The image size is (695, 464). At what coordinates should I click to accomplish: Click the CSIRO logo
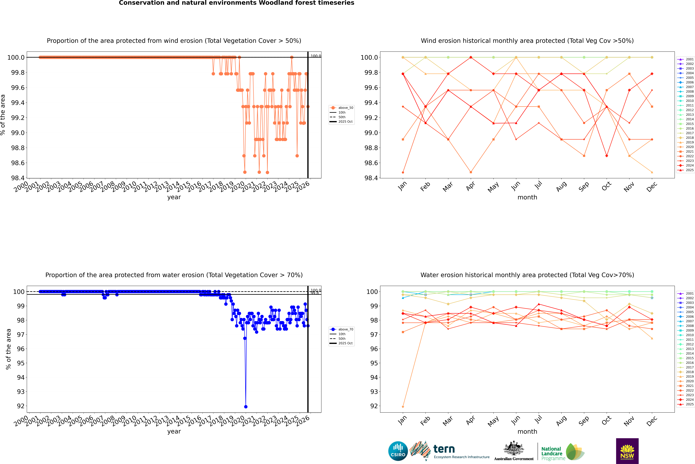(398, 451)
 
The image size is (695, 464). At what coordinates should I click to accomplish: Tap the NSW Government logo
(627, 451)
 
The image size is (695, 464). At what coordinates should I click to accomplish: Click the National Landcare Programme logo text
(552, 453)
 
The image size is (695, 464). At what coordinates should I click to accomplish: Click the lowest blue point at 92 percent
(246, 407)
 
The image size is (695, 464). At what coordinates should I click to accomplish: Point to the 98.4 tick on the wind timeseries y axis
(18, 178)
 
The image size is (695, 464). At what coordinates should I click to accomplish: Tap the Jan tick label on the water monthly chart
(402, 420)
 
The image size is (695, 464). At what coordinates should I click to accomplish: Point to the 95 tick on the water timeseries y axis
(21, 363)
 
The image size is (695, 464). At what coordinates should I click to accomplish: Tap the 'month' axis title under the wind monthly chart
(527, 197)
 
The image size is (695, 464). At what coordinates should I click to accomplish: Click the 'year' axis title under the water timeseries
(174, 431)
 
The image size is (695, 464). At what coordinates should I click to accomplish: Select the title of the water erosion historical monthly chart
(527, 275)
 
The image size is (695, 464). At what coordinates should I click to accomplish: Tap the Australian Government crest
(513, 448)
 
